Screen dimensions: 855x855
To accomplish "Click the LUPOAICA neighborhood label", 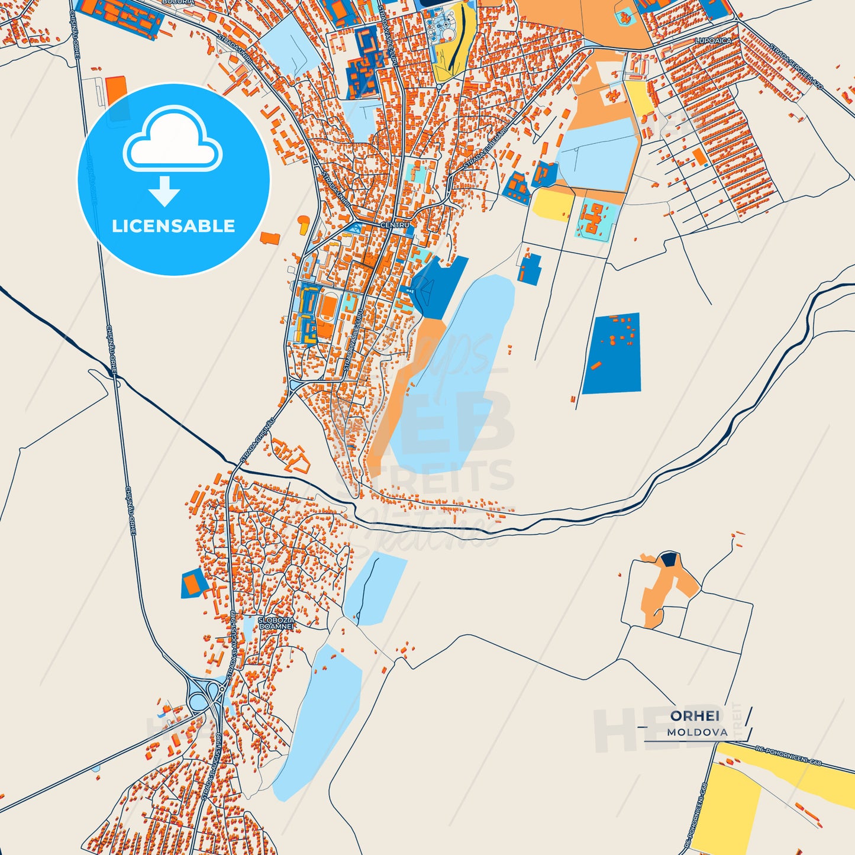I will (714, 40).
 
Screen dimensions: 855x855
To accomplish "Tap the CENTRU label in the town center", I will (395, 225).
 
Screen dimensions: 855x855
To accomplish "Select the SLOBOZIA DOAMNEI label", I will (276, 622).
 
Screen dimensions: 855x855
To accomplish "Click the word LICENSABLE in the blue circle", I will (173, 226).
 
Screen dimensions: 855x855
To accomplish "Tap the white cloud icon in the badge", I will (172, 140).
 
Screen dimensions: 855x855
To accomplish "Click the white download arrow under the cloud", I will (164, 191).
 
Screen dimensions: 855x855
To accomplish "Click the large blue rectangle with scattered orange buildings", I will (612, 353).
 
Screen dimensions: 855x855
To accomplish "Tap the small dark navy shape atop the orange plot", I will (669, 559).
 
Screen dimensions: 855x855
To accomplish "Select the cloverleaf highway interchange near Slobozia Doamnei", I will (205, 695).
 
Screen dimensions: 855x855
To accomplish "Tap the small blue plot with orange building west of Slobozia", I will (193, 583).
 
